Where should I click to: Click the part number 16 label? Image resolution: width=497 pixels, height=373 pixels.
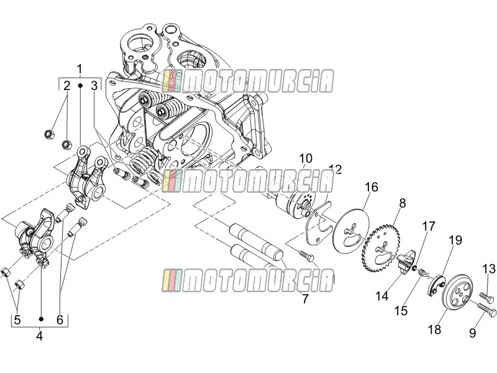point(371,187)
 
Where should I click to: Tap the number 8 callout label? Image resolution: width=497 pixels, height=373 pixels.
point(402,203)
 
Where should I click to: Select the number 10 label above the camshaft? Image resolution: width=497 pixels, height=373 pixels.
point(306,159)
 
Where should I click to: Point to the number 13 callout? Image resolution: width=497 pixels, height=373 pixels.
point(488,269)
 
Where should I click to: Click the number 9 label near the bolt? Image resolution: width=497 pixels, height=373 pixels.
point(472,333)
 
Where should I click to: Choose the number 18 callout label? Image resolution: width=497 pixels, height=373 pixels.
point(434,329)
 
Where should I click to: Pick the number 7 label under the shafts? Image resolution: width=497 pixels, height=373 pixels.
point(305,299)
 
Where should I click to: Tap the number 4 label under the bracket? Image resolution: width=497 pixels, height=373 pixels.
point(39,336)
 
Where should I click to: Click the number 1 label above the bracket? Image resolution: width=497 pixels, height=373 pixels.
point(80,69)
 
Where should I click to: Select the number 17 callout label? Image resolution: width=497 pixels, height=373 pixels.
point(428,226)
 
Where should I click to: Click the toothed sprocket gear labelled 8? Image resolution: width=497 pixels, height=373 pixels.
point(380,247)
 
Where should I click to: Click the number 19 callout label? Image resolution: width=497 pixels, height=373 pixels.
point(455,241)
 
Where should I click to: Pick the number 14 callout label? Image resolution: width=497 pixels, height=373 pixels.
point(381,296)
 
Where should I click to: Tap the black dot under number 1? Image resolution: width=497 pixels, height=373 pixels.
point(80,86)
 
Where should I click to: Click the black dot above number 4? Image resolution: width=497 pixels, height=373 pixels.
point(41,319)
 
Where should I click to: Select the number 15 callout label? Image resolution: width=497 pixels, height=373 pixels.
point(401,310)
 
